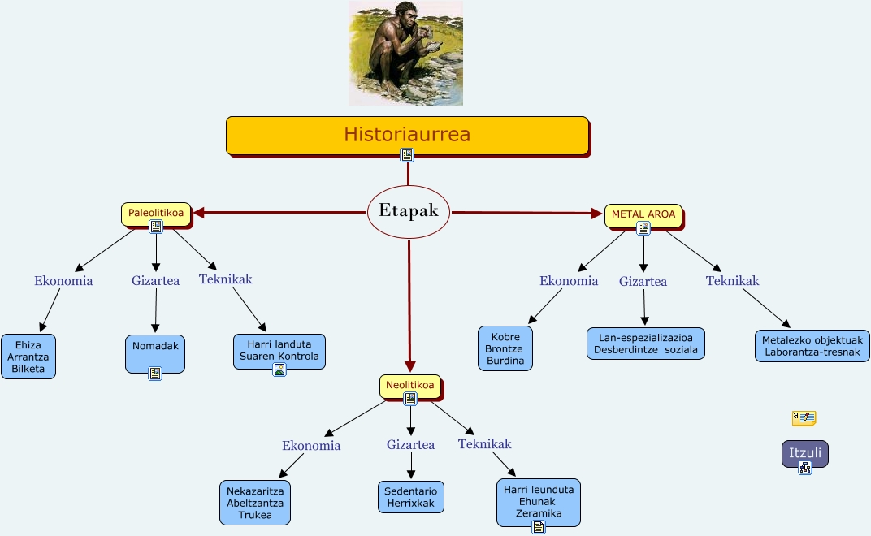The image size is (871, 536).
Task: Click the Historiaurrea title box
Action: tap(406, 134)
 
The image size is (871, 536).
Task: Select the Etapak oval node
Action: tap(408, 211)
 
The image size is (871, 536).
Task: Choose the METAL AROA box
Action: tap(643, 214)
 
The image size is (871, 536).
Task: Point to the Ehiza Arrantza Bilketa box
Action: tap(28, 356)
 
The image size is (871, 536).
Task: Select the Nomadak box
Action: tap(154, 349)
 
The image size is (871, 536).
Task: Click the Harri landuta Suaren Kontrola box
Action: tap(279, 350)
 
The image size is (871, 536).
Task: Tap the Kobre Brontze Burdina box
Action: tap(505, 348)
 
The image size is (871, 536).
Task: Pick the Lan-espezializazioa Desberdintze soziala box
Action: tap(646, 343)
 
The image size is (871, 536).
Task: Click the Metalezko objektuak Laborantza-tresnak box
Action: tap(812, 346)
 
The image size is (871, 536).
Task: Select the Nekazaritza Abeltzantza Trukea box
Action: tap(255, 502)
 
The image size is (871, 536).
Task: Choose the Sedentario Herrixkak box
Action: tap(411, 497)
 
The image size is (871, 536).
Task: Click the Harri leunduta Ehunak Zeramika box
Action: tap(539, 501)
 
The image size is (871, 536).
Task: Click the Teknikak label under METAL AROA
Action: tap(732, 281)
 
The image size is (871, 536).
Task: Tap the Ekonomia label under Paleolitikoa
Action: tap(63, 281)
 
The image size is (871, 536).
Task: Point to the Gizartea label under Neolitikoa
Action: tap(410, 444)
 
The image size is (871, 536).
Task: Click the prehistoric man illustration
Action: tap(405, 53)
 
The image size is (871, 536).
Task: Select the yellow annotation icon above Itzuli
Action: tap(804, 418)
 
